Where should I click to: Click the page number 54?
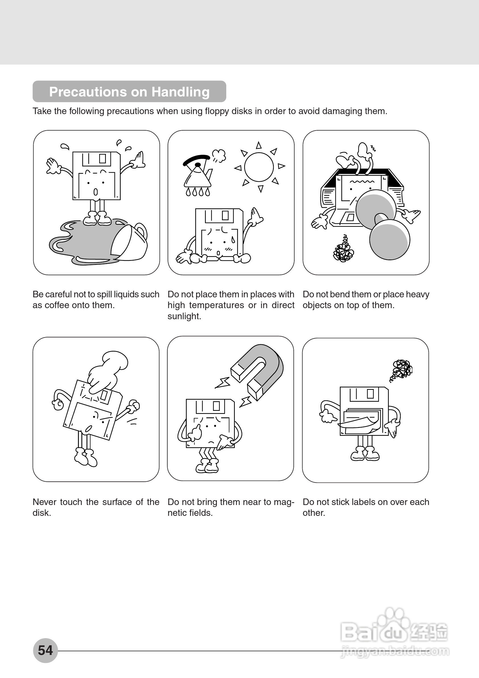(45, 650)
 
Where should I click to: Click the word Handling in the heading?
(180, 92)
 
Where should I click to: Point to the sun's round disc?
(259, 167)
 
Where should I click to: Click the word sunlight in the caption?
(184, 317)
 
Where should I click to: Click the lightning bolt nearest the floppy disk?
(245, 402)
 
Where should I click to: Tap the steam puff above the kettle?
(219, 155)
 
